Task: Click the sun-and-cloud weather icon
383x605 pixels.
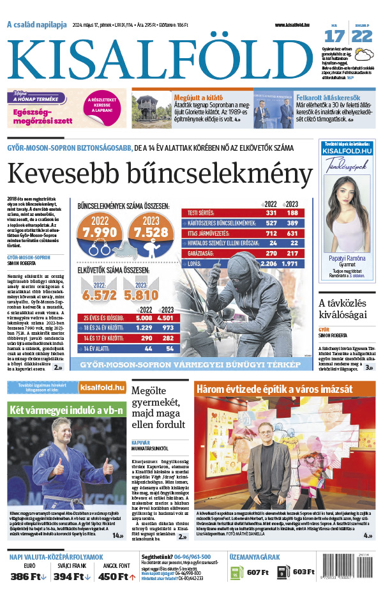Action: (363, 54)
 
